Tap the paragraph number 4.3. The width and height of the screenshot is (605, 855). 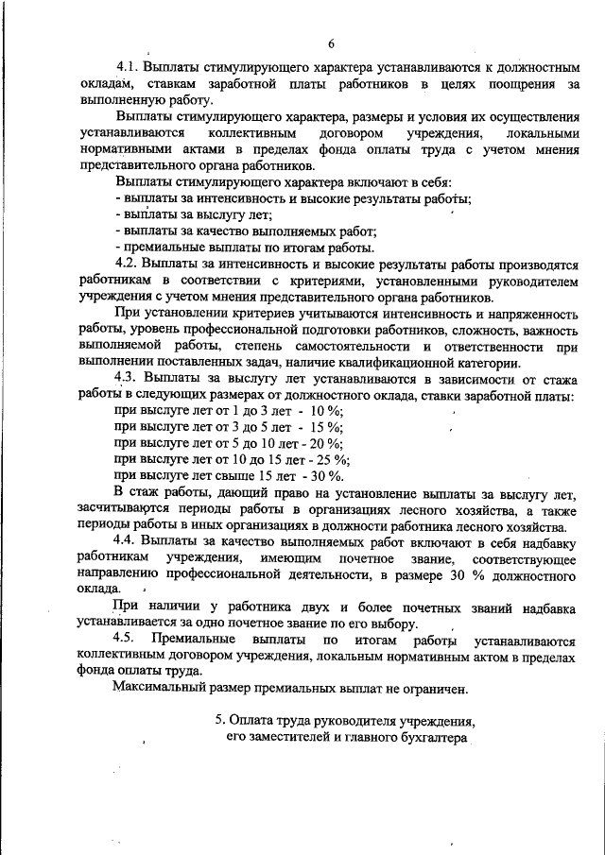126,378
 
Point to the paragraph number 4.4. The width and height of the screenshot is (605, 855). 126,540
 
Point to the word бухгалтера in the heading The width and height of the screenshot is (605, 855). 431,738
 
